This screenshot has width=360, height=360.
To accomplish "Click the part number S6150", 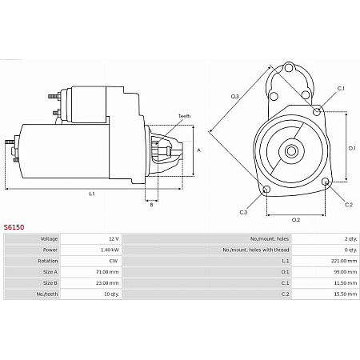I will [x=14, y=227].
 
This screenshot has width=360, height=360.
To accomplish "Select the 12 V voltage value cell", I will [x=113, y=238].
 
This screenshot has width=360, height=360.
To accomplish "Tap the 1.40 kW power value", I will [x=110, y=249].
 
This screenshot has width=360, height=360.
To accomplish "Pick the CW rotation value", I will [x=114, y=260].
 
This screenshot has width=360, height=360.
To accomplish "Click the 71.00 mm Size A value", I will [x=108, y=271].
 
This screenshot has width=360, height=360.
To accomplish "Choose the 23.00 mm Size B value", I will [x=108, y=282].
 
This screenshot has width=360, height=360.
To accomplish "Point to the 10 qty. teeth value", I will [x=110, y=294].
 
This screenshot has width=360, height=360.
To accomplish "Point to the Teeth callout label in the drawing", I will [x=184, y=116].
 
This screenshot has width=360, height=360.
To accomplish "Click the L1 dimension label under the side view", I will [x=91, y=194].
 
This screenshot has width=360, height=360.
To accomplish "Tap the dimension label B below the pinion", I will [x=151, y=205].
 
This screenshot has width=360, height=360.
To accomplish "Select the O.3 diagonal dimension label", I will [x=234, y=97].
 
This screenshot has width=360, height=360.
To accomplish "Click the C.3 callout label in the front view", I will [x=243, y=212].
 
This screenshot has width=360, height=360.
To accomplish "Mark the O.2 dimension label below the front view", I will [x=295, y=219].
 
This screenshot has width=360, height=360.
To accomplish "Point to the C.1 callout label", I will [x=340, y=88].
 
